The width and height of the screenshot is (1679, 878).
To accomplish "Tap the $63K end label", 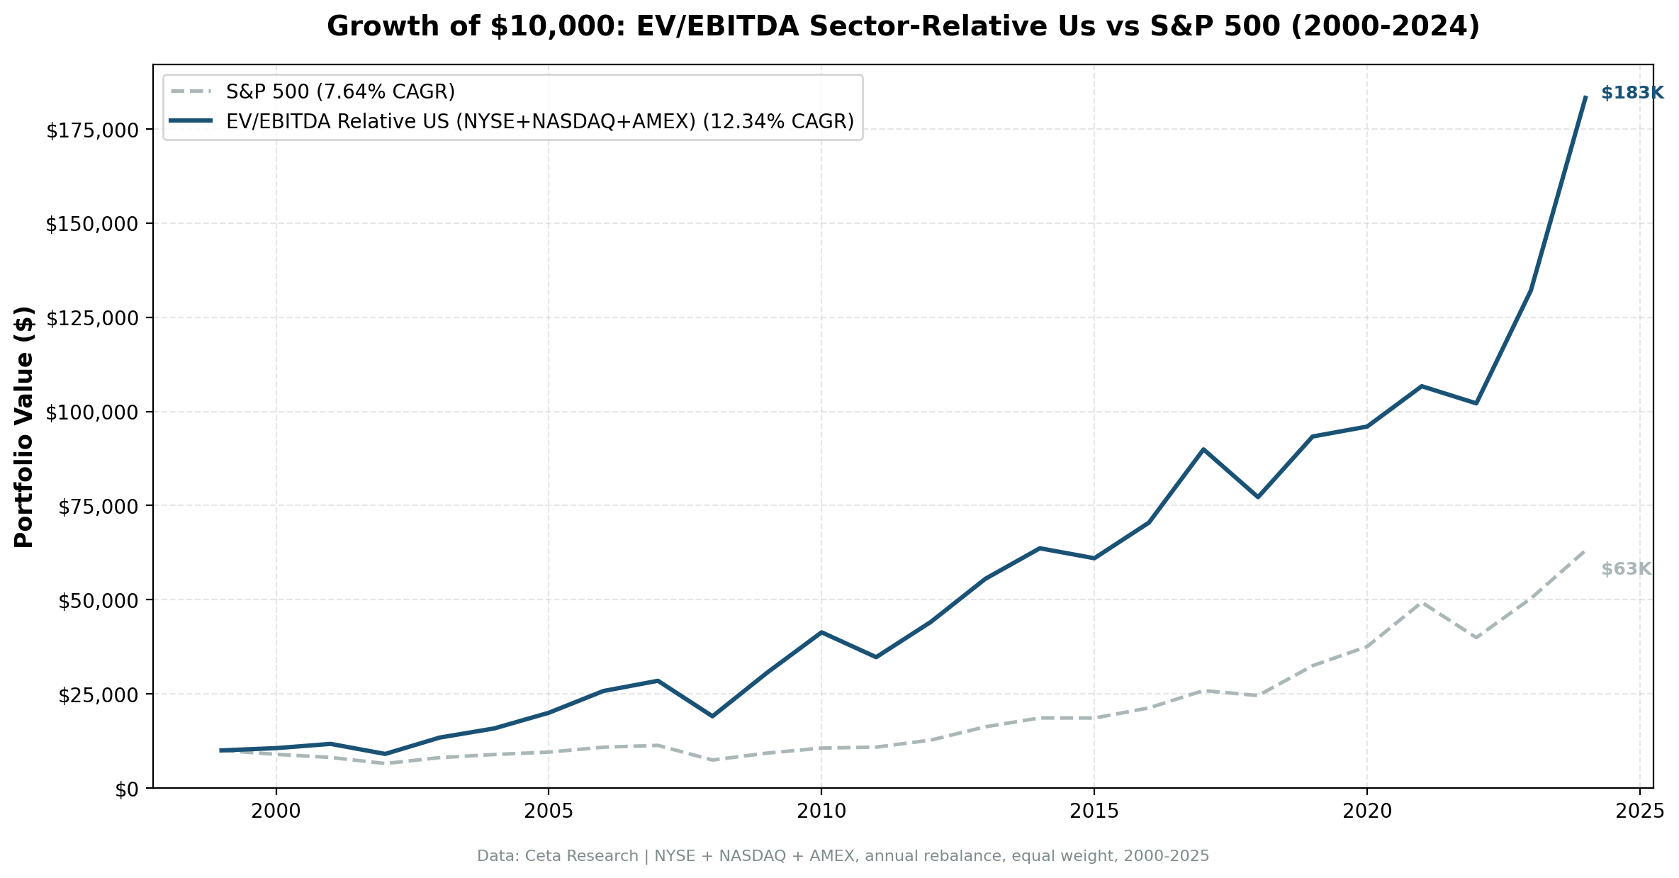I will coord(1626,569).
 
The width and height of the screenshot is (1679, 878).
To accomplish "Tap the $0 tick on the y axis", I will coord(128,789).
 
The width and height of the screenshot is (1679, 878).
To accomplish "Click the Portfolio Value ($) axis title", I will coord(24,427).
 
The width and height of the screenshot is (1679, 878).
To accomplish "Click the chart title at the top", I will coord(903,27).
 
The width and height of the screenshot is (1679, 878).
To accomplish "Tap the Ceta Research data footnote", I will coord(843,856).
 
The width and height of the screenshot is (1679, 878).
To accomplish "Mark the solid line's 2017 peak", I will coord(1203,449).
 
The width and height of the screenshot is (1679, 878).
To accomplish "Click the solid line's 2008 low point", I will coord(712,716).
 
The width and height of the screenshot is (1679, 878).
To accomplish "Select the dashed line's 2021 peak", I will coord(1421,602).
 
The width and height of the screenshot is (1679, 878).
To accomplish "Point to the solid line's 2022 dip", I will coord(1476,403).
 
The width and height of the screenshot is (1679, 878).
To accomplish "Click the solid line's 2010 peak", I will coord(821,632).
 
